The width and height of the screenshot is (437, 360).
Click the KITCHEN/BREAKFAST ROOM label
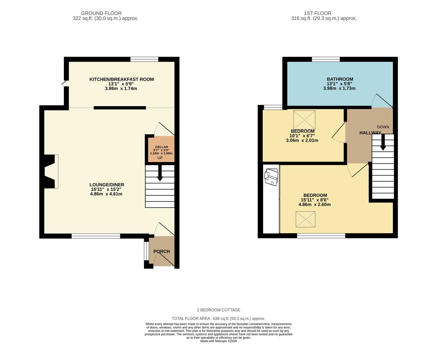pos(121,79)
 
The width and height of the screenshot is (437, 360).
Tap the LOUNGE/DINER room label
pos(107,185)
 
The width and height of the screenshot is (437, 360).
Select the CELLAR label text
pos(162,147)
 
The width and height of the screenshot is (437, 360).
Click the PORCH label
pos(162,251)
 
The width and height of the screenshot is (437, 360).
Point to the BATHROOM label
pos(339,79)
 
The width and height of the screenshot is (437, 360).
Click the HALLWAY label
pos(370,133)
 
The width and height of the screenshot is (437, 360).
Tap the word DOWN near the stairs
pos(383,127)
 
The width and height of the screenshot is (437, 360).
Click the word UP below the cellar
pos(160,158)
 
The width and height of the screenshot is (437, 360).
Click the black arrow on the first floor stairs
pos(383,143)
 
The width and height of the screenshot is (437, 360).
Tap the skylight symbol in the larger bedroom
pos(305,219)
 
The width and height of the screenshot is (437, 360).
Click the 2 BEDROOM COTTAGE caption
pos(218,310)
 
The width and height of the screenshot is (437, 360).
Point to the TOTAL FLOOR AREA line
pos(218,318)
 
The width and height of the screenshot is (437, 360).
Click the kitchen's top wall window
pos(144,59)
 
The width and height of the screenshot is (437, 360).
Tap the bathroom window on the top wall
pos(326,59)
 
